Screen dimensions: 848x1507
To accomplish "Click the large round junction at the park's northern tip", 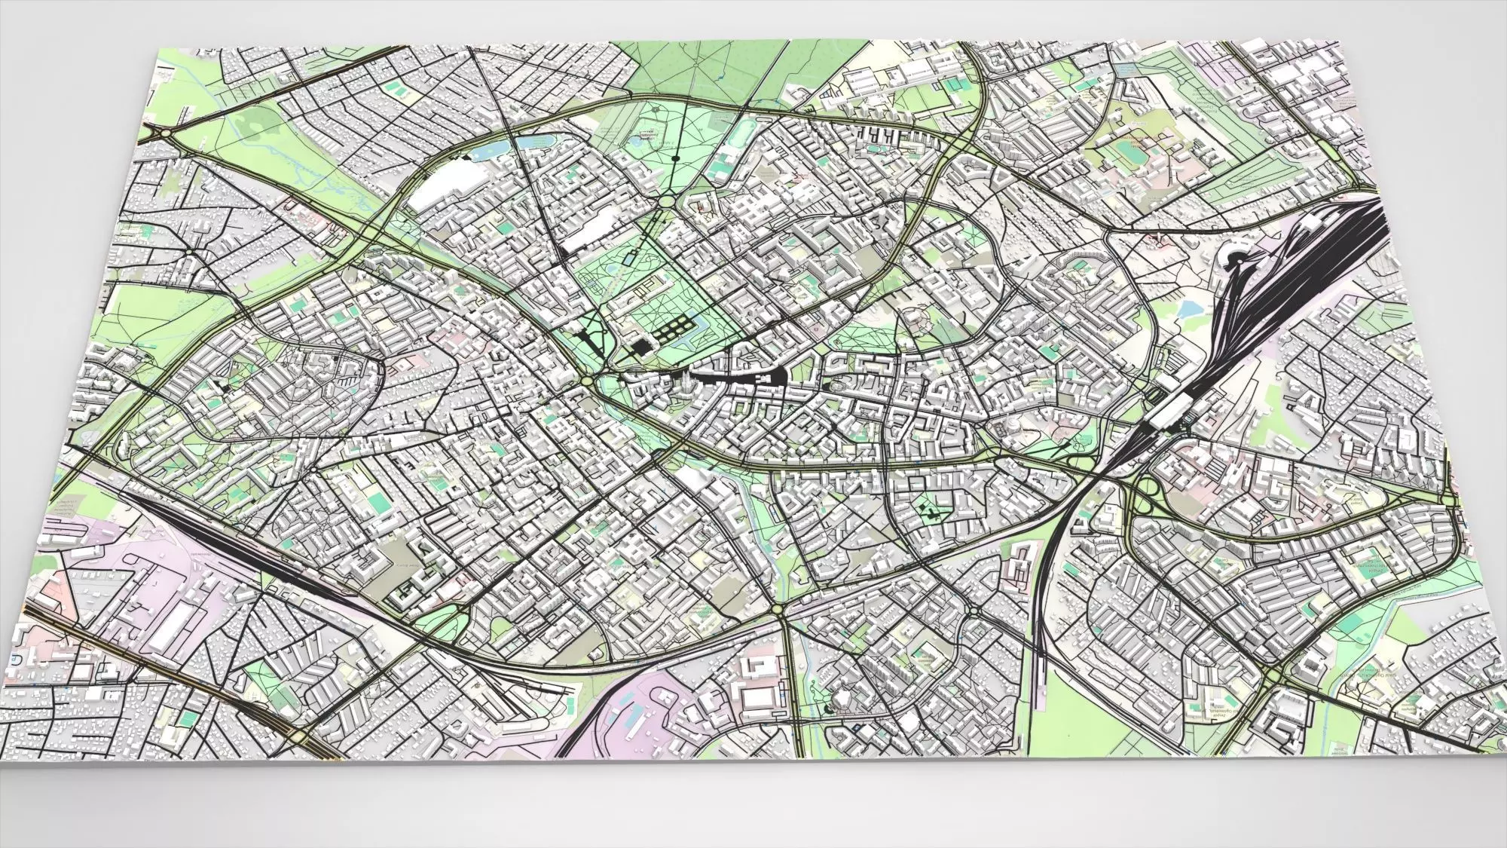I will pyautogui.click(x=666, y=202).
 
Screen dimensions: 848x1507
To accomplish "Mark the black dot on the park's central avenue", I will pyautogui.click(x=675, y=158).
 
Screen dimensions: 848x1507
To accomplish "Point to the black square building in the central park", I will pyautogui.click(x=640, y=346).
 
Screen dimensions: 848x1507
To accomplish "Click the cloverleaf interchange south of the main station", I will pyautogui.click(x=1145, y=490).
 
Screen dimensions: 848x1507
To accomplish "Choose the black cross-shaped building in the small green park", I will pyautogui.click(x=934, y=513).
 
